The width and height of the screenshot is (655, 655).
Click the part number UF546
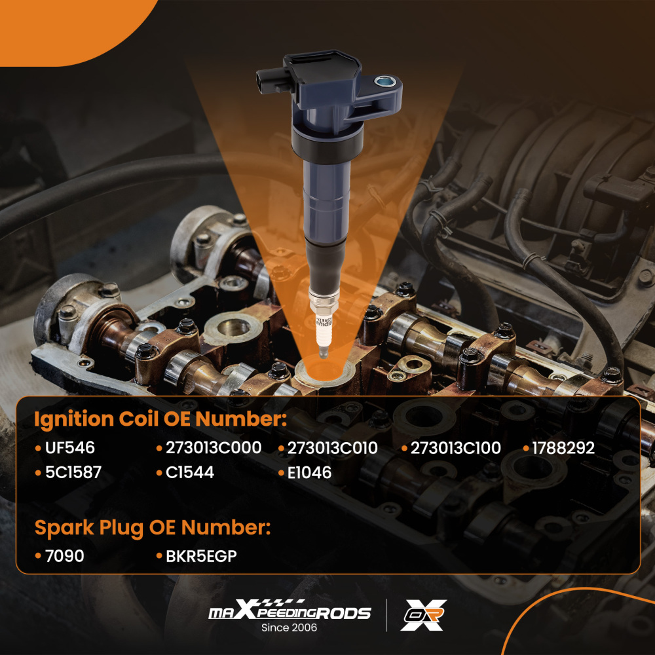[x=69, y=448]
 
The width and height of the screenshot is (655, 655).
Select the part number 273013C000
[x=213, y=448]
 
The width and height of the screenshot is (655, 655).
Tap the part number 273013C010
[x=333, y=448]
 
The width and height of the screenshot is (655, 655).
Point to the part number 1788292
[x=563, y=448]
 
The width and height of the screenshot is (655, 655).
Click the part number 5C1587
[x=73, y=472]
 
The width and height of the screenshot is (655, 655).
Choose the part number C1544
[x=190, y=472]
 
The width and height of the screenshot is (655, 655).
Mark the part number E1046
[x=309, y=472]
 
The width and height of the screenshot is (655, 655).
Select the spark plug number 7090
[x=64, y=556]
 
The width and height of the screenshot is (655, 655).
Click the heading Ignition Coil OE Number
[x=160, y=419]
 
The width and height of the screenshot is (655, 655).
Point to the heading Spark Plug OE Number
[x=152, y=527]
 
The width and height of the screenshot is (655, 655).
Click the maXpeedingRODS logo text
[x=290, y=612]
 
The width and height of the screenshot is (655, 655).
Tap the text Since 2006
[x=289, y=627]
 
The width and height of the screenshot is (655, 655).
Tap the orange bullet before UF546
[x=37, y=449]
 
